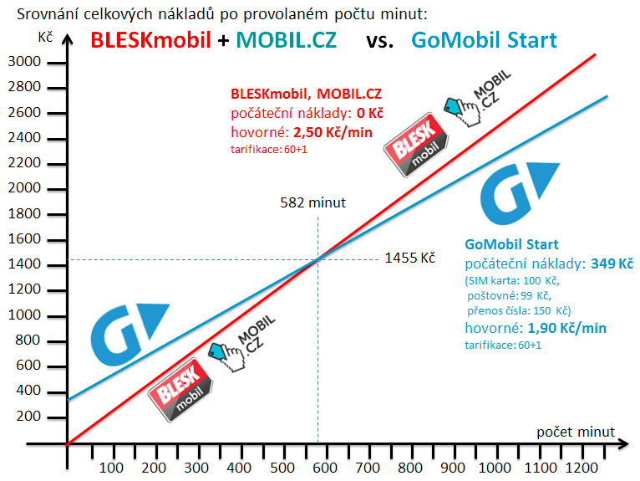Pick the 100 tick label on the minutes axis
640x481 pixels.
click(x=110, y=467)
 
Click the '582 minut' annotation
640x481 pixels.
click(x=313, y=202)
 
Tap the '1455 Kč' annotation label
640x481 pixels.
click(x=410, y=258)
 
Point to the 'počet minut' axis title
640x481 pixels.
click(x=576, y=432)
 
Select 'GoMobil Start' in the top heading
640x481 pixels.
click(x=484, y=39)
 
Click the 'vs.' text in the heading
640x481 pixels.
click(x=380, y=39)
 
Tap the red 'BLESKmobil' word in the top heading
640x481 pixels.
click(x=150, y=39)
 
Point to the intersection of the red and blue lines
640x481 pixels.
click(x=317, y=259)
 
